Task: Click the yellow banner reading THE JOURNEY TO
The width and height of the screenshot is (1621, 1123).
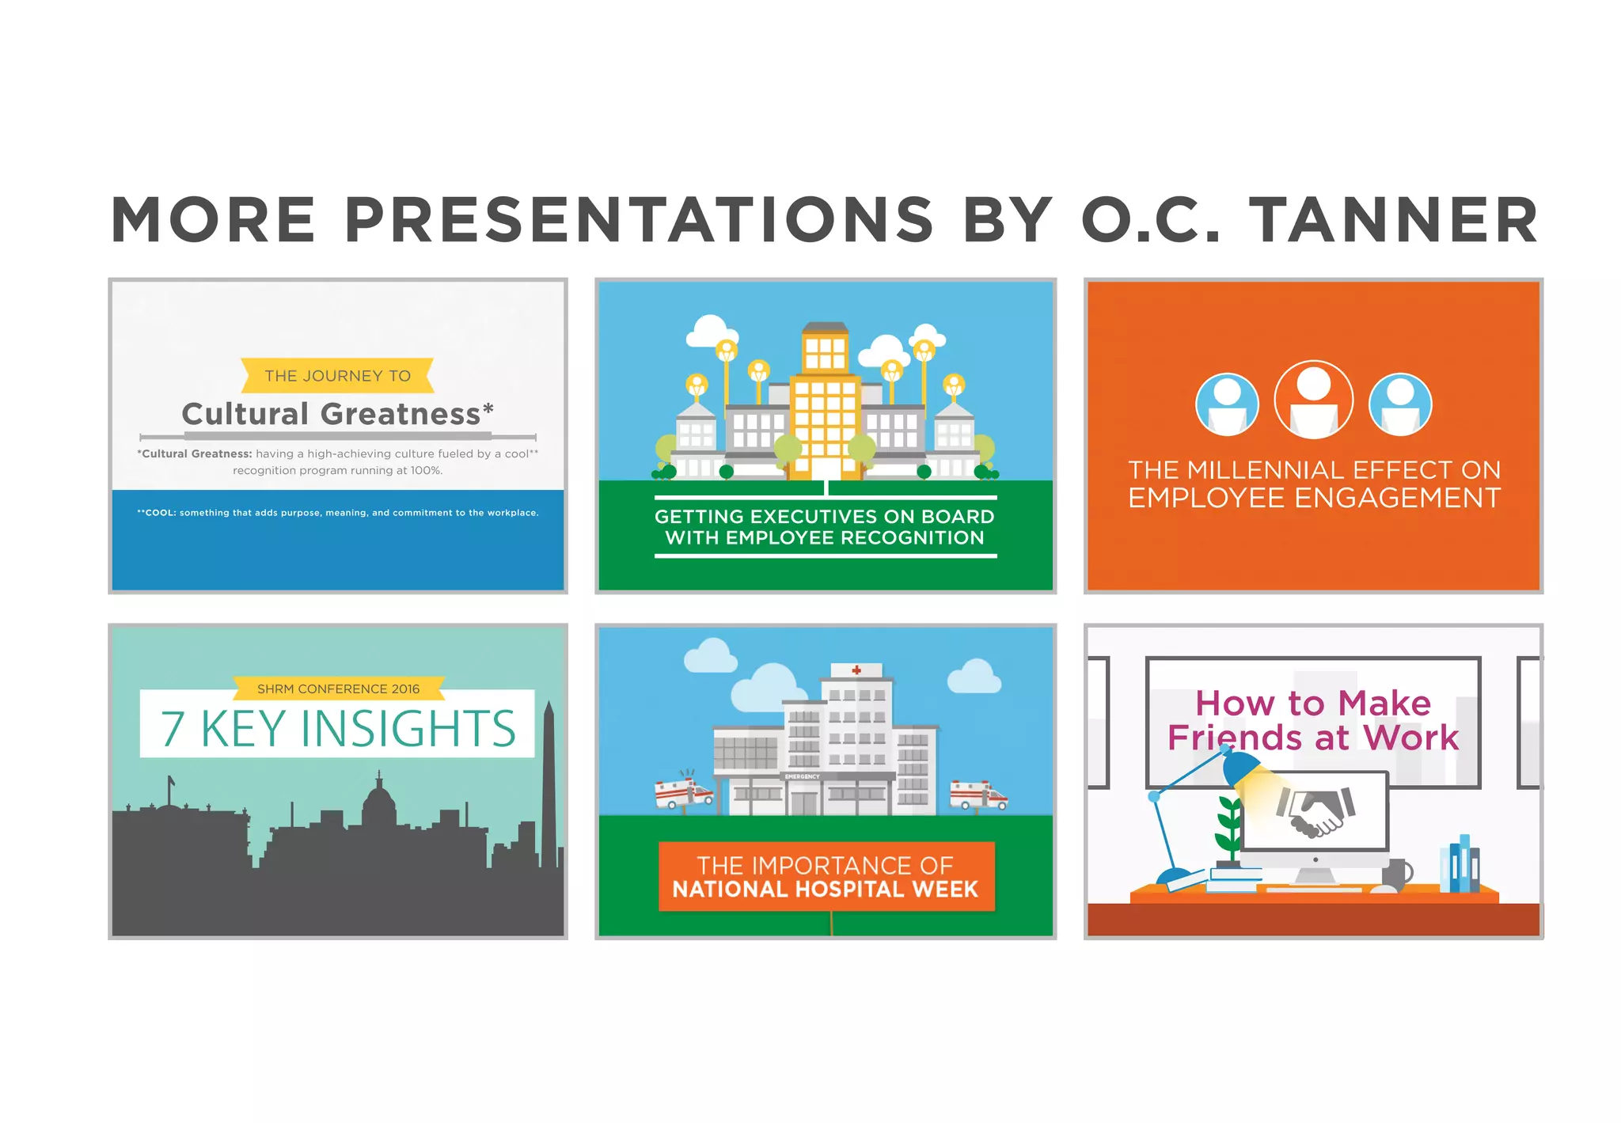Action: point(337,376)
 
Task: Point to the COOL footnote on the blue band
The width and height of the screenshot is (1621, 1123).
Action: point(337,513)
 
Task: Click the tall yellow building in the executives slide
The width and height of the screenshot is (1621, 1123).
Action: point(826,412)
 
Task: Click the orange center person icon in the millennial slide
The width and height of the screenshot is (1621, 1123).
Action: point(1313,400)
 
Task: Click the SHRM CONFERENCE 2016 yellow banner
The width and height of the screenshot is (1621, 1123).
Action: point(338,689)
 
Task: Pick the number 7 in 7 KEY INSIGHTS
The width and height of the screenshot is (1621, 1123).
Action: point(173,729)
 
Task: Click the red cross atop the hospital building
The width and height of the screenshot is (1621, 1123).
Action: point(856,670)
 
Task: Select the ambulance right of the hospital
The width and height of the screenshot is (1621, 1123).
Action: point(978,794)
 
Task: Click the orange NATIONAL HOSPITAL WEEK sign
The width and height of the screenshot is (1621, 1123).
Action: point(826,877)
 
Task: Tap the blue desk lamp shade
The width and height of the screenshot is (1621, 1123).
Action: point(1240,767)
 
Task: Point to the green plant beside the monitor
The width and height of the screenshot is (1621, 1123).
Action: point(1228,827)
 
